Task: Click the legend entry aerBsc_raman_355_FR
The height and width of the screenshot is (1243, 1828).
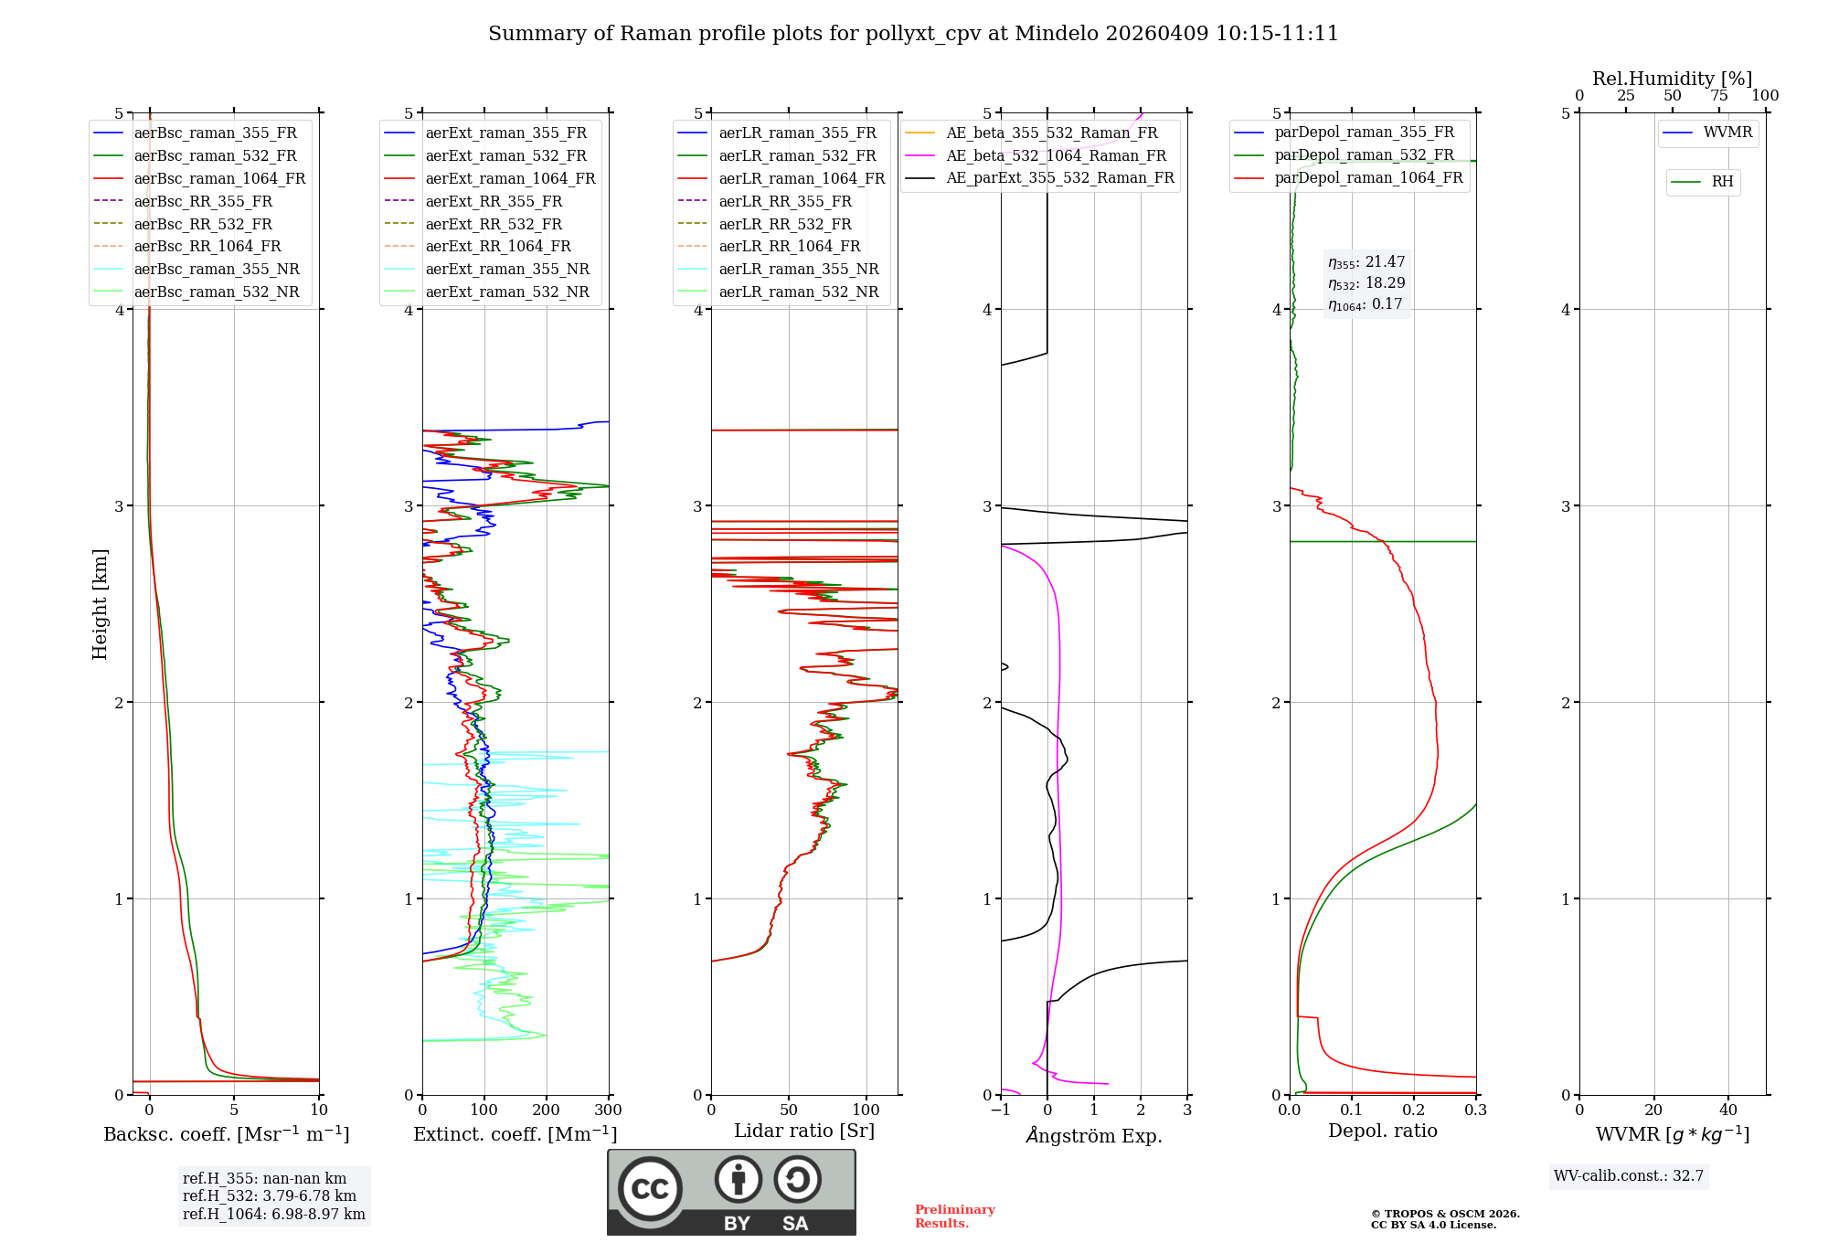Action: coord(215,133)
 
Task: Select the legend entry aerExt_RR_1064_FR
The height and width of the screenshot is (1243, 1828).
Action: coord(497,247)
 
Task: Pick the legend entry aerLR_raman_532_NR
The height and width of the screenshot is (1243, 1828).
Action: coord(798,292)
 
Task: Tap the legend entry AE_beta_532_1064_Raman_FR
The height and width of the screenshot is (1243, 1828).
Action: coord(1056,156)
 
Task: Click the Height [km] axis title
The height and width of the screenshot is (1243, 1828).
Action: coord(100,604)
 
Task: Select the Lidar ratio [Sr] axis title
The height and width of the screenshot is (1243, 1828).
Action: coord(804,1131)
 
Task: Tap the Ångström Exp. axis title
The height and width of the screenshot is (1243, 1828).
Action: coord(1094,1136)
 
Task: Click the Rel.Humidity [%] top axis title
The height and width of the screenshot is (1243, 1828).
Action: coord(1672,79)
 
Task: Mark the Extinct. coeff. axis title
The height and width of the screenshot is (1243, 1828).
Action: coord(515,1135)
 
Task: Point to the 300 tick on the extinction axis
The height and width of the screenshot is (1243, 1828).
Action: coord(608,1110)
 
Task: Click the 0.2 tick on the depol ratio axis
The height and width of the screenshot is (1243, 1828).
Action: coord(1414,1110)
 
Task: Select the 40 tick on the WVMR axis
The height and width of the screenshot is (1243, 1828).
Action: coord(1728,1110)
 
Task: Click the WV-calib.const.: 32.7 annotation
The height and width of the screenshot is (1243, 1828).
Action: coord(1629,1176)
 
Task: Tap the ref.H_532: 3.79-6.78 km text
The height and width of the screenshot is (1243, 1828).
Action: coord(270,1196)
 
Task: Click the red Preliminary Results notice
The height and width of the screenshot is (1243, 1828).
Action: coord(954,1216)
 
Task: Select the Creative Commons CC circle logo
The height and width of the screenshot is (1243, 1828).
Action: coord(650,1189)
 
